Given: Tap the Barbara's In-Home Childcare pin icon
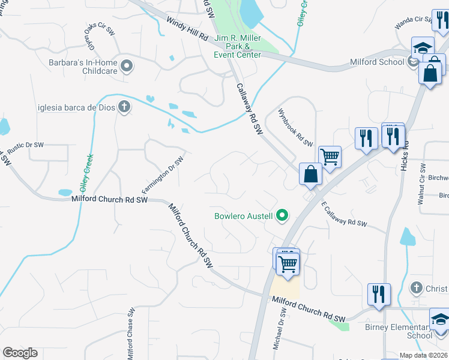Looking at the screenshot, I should [x=127, y=66].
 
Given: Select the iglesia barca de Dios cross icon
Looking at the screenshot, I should [x=124, y=107].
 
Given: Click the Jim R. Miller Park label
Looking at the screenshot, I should [x=238, y=46].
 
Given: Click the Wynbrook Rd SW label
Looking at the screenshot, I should [x=295, y=127].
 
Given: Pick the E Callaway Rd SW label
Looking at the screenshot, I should [x=344, y=215].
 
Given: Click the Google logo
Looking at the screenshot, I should [x=20, y=353].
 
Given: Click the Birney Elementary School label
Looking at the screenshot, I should [x=398, y=331].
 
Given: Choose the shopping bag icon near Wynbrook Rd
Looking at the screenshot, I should [x=312, y=174].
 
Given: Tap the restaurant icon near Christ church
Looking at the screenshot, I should [x=379, y=294].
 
